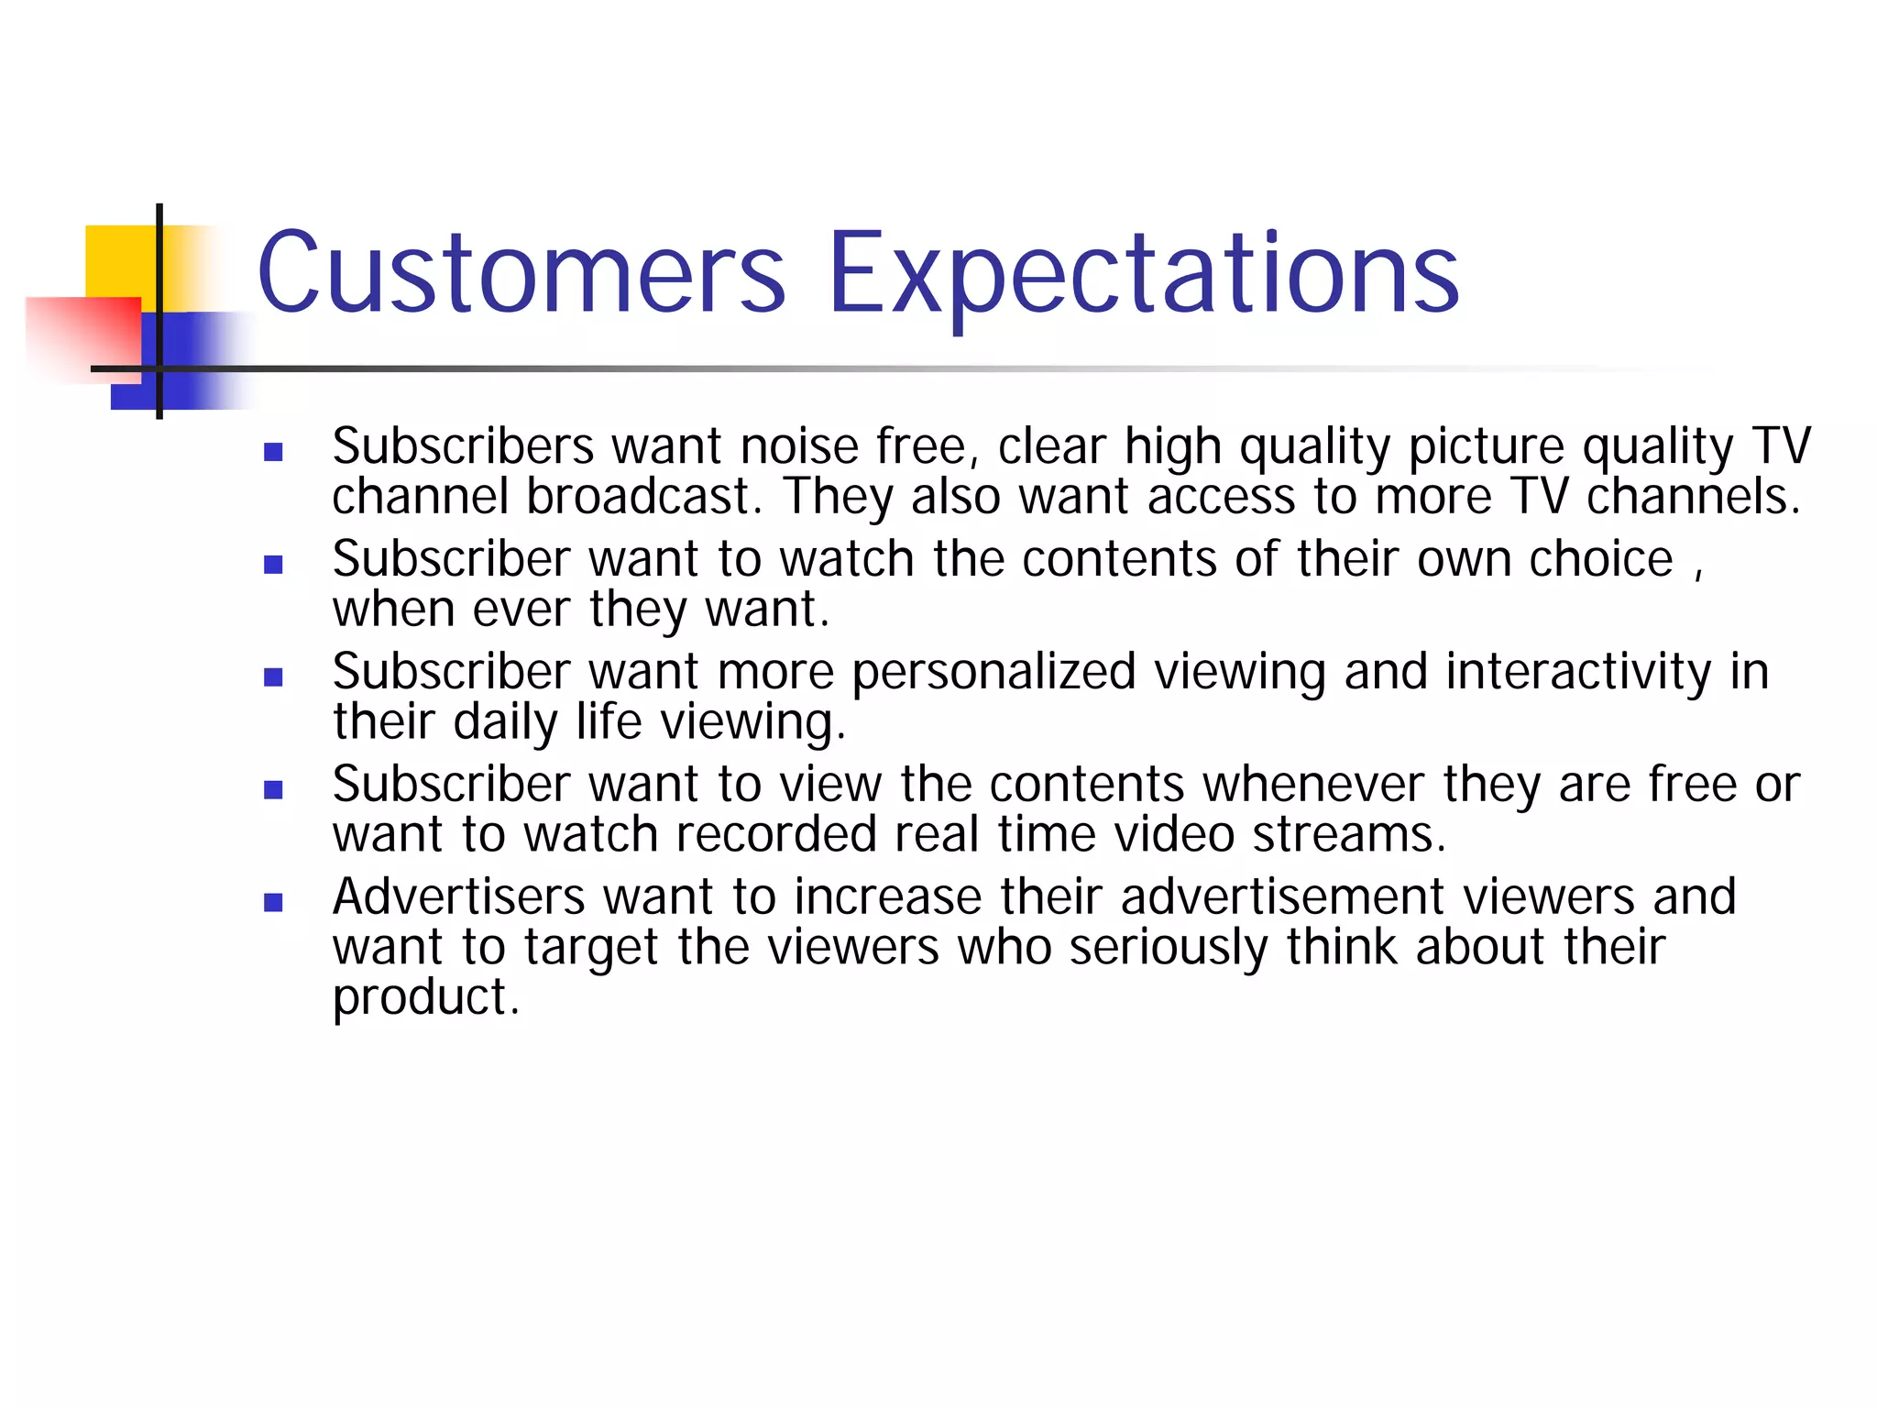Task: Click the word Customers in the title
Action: click(x=521, y=273)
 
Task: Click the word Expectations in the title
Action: click(x=1142, y=273)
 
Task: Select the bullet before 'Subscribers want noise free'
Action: click(x=273, y=452)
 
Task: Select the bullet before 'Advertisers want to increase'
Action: click(x=273, y=903)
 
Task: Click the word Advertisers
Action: click(x=458, y=896)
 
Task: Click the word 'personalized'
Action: click(x=993, y=673)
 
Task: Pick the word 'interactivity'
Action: click(x=1578, y=671)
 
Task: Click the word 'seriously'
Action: click(x=1168, y=948)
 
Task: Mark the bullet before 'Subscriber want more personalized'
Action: click(x=273, y=677)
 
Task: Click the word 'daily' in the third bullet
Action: click(x=504, y=722)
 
